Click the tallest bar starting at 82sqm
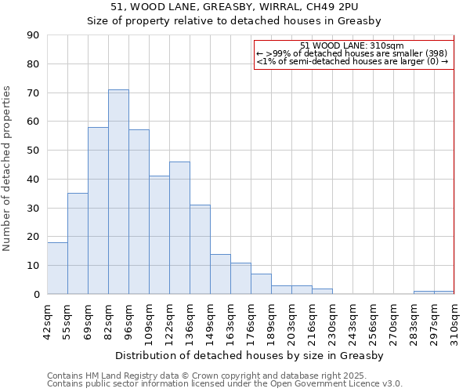point(118,192)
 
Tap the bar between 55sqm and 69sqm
point(78,244)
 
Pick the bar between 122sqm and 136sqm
point(179,228)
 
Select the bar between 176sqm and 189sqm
point(261,284)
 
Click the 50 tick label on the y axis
point(33,151)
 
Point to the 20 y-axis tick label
point(33,237)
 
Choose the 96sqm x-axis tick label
point(128,319)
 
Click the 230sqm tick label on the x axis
point(332,321)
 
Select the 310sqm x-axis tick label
point(454,321)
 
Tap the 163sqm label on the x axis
point(230,321)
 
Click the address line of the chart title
point(251,7)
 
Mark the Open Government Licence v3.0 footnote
point(225,383)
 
